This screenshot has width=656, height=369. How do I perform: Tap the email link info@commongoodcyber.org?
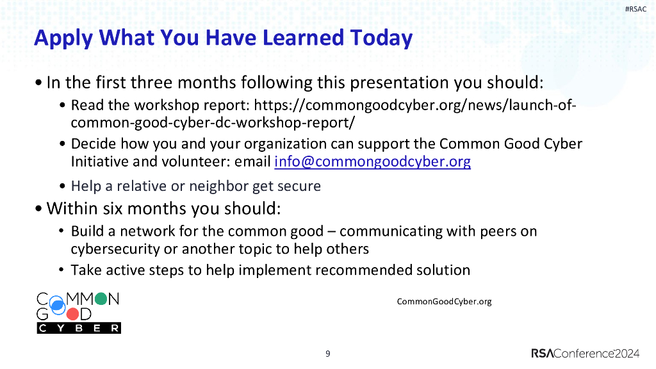click(x=372, y=162)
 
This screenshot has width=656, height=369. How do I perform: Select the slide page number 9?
click(x=328, y=354)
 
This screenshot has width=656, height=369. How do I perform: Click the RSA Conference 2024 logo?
click(x=586, y=354)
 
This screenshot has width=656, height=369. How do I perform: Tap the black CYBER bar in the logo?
click(x=78, y=328)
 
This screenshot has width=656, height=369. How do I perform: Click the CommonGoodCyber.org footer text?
click(x=445, y=301)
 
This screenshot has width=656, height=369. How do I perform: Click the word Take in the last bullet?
click(x=86, y=270)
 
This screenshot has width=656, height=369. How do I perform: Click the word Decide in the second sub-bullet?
click(x=92, y=143)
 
